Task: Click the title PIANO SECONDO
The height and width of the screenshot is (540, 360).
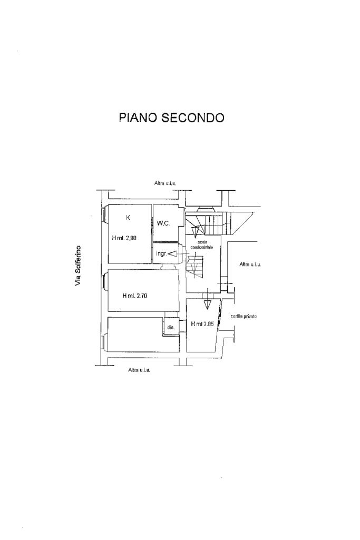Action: (171, 117)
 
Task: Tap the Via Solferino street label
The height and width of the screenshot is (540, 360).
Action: (78, 266)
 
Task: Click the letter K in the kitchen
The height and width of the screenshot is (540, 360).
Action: (128, 217)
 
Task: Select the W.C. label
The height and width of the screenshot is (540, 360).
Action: (163, 223)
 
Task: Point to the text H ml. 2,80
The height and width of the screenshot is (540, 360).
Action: (124, 238)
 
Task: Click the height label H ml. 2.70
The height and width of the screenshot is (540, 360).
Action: (134, 296)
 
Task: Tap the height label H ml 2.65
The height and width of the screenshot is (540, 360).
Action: (202, 324)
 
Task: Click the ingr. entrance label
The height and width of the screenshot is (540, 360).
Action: (161, 254)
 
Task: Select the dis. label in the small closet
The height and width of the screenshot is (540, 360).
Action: (170, 328)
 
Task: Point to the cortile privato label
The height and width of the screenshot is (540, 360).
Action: (244, 316)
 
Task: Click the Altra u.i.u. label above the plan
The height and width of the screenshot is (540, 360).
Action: (165, 183)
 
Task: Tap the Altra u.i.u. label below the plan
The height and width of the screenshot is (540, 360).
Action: (139, 370)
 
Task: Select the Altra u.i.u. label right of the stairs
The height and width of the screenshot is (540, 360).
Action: (250, 264)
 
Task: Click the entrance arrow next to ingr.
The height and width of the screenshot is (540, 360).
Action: (172, 254)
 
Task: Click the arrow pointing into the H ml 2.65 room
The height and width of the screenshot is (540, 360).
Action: (209, 303)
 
